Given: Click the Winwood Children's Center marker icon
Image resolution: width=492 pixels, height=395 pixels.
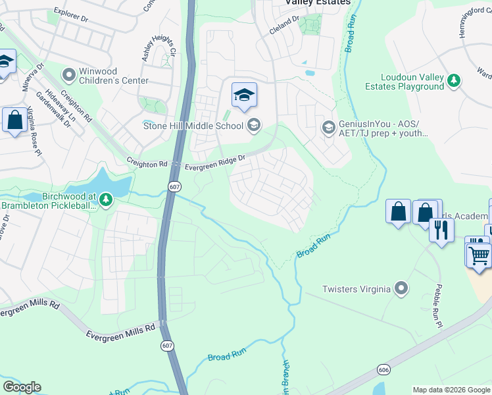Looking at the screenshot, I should point(68,74).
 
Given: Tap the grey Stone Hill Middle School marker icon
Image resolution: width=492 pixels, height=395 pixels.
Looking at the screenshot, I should point(254,125).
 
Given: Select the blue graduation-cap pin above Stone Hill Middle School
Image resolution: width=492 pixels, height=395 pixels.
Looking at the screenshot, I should point(244,96).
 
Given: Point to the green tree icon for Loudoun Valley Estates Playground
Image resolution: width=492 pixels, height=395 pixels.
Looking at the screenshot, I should point(453,80).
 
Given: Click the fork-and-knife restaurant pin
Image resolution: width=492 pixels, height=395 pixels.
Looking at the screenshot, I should point(441,230).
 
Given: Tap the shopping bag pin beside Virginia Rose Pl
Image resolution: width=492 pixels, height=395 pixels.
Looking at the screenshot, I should point(14,120).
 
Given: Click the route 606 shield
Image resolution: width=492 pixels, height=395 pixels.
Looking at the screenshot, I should point(381,371).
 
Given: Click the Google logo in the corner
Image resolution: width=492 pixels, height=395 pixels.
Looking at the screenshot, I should point(22,386).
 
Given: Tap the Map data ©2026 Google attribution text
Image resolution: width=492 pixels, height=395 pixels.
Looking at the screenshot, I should point(451,390).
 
